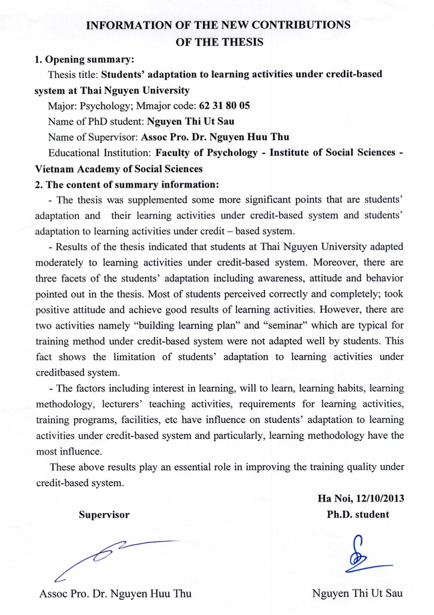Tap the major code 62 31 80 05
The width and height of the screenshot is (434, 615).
coord(224,105)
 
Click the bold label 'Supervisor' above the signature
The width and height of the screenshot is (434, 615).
coord(103,514)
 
